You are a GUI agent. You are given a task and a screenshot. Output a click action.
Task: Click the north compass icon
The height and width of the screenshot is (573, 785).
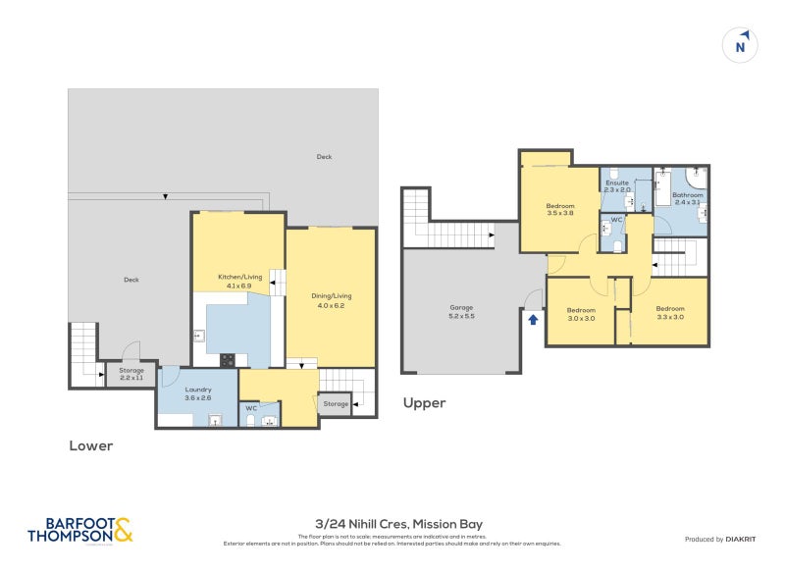741,45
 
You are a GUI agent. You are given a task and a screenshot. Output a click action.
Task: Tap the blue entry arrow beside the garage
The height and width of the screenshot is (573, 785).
533,319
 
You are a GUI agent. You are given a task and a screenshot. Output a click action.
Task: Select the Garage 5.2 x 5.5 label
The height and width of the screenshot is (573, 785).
461,311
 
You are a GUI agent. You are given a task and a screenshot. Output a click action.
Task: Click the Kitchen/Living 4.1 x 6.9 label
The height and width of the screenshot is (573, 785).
239,281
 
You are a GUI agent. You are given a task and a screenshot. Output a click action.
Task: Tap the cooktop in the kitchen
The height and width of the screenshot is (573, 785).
228,359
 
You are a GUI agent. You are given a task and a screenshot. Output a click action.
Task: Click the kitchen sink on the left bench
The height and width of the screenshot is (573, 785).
198,337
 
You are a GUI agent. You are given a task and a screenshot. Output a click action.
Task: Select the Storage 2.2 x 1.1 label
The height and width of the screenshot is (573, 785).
131,373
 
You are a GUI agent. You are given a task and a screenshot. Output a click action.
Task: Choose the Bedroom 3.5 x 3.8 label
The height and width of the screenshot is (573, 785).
559,208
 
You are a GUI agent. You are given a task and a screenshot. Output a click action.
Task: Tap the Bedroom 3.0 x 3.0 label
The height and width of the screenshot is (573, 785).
581,314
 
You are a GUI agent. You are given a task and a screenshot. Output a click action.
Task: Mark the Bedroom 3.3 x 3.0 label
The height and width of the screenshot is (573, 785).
670,314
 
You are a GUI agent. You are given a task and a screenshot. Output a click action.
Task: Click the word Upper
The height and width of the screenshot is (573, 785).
424,402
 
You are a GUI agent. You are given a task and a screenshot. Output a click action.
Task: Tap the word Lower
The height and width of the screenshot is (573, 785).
90,445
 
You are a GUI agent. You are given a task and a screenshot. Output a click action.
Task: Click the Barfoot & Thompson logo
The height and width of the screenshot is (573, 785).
79,530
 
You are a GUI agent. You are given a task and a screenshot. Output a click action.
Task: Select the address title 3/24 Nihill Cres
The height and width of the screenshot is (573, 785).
392,524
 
